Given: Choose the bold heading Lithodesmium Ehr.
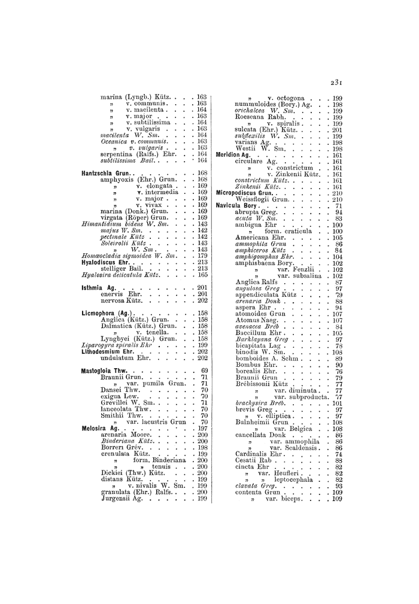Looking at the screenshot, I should pos(107,351).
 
